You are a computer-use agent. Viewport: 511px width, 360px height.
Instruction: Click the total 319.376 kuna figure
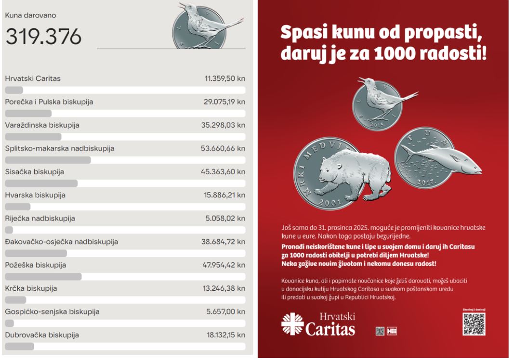pos(43,37)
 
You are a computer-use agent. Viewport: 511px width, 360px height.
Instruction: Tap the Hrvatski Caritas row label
pos(33,78)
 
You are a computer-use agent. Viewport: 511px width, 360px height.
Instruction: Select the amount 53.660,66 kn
pos(223,148)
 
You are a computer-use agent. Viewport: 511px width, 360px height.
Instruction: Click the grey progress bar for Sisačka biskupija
pos(41,183)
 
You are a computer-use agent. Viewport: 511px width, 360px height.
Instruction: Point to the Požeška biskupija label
pos(36,265)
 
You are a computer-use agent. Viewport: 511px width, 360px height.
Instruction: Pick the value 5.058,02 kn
pos(225,218)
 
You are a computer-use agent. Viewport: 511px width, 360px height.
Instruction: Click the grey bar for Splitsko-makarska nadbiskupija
pos(48,160)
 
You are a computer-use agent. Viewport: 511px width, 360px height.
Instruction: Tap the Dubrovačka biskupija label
pos(42,334)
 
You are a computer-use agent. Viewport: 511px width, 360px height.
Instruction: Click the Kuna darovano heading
pos(30,15)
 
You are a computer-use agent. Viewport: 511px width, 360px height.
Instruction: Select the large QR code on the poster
pos(473,324)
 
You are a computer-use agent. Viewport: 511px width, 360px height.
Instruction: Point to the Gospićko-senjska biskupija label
pos(52,311)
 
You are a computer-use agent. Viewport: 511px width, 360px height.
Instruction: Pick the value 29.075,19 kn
pos(225,102)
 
